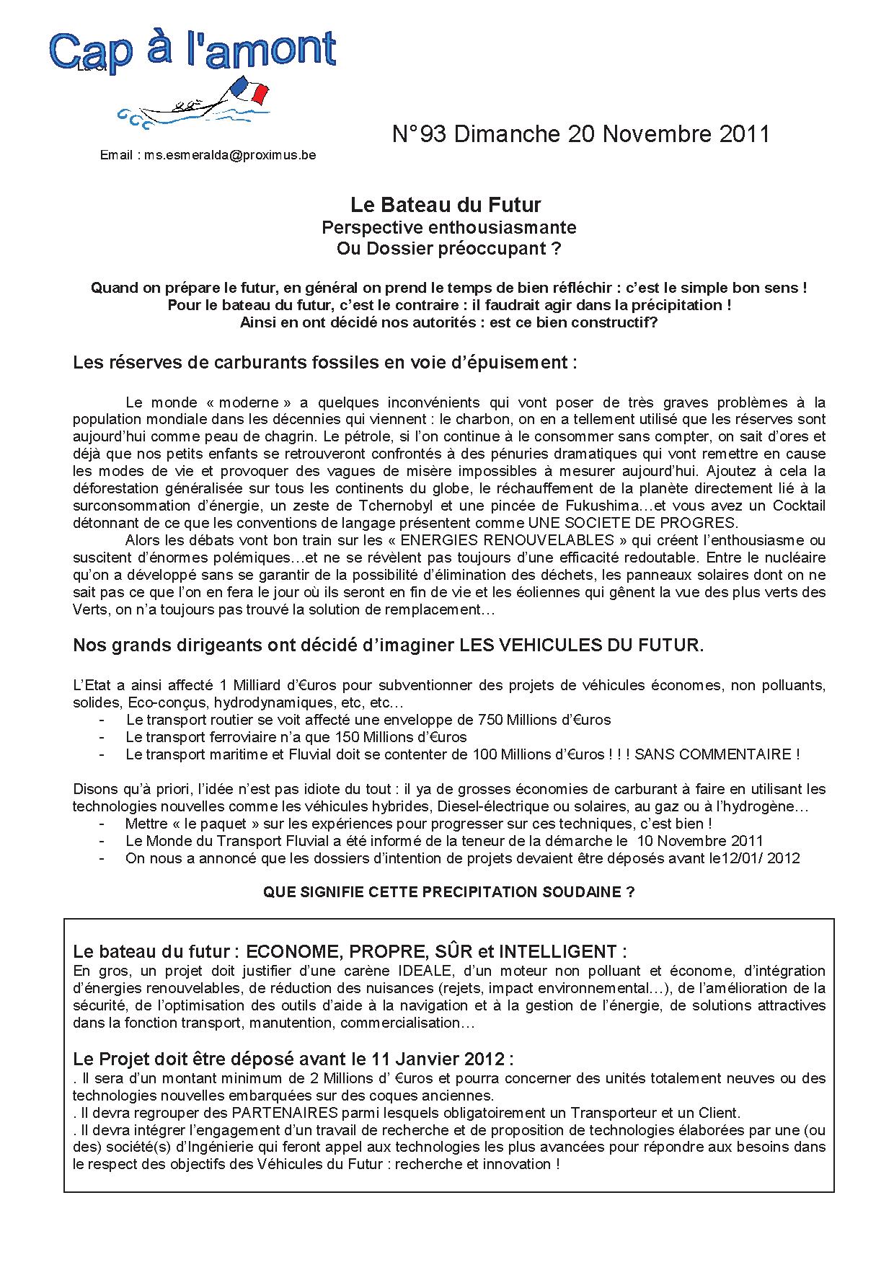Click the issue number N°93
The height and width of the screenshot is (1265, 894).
click(x=420, y=135)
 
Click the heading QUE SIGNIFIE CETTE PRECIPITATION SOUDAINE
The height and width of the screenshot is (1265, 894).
click(x=448, y=892)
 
